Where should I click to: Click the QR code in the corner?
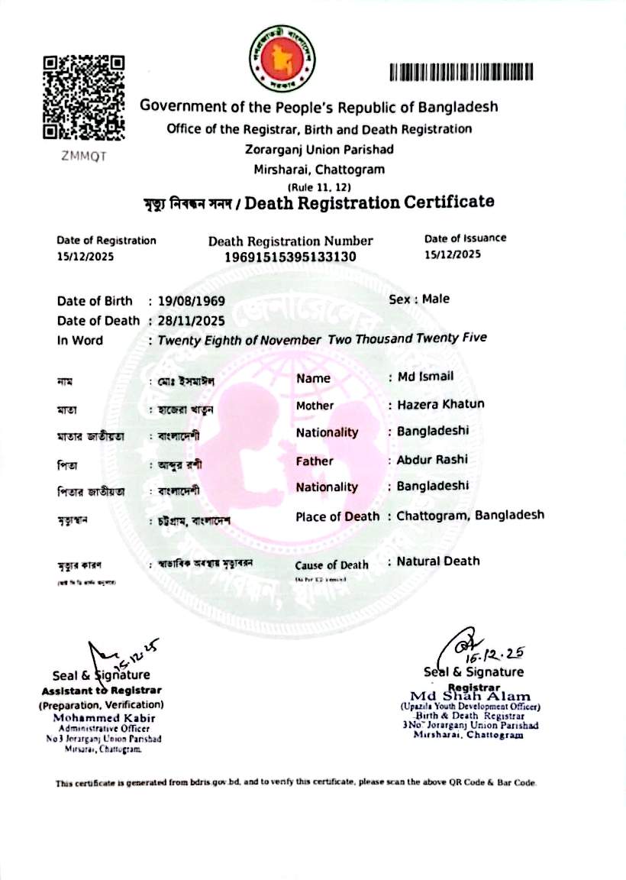[x=83, y=96]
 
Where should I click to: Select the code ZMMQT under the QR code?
[x=83, y=157]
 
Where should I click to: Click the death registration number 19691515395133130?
[x=291, y=257]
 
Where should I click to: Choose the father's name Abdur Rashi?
[x=432, y=460]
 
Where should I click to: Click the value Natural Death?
[x=438, y=561]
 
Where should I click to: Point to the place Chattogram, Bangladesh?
[x=470, y=515]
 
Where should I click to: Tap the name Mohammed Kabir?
[x=104, y=719]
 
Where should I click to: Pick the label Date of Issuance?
[x=465, y=238]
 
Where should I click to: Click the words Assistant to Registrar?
[x=101, y=691]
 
